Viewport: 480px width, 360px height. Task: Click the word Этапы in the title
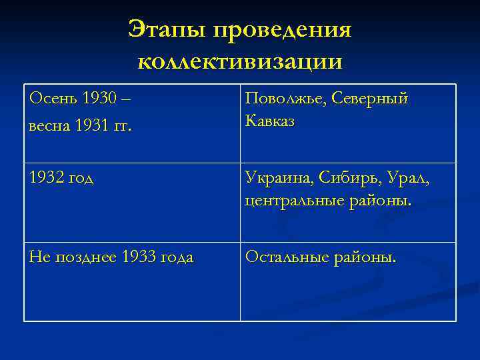click(x=166, y=31)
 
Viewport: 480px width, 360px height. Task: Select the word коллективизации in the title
click(x=240, y=61)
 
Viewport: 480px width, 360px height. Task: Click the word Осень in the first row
click(x=54, y=99)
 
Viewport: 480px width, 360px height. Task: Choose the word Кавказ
click(x=270, y=121)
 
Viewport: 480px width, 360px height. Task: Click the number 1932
click(x=47, y=178)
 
